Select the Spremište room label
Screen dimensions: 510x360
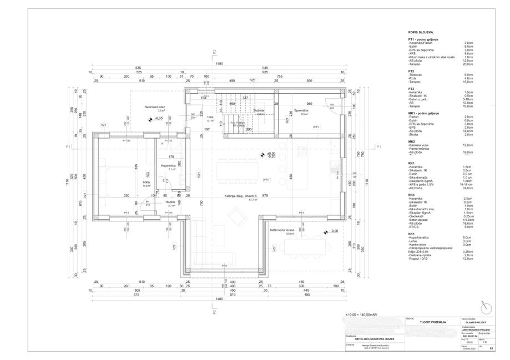click(x=301, y=109)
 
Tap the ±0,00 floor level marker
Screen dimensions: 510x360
click(x=271, y=138)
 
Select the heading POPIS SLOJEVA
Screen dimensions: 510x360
click(x=421, y=33)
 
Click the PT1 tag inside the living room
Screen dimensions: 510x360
click(x=266, y=180)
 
